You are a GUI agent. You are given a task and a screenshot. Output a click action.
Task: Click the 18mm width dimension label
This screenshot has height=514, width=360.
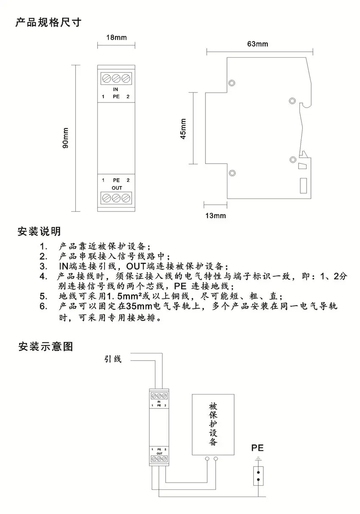pos(116,37)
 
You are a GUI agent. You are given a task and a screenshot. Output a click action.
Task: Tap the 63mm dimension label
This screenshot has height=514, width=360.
pos(258,44)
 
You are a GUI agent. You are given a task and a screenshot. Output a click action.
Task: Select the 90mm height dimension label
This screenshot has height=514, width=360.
pos(65,138)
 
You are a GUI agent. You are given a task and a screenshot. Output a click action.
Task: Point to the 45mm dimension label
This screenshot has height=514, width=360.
pos(183,128)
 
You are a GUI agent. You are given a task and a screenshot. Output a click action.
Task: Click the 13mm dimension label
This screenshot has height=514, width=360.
pos(216,216)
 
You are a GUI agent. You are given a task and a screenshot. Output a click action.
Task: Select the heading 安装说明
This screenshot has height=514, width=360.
pos(39,231)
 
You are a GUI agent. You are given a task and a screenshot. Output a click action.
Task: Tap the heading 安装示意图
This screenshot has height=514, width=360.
pos(45,347)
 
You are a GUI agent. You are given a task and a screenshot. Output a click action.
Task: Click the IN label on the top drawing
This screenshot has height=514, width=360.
pos(116,89)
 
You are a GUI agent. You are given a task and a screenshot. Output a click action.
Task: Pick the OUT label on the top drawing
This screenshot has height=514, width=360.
pos(116,187)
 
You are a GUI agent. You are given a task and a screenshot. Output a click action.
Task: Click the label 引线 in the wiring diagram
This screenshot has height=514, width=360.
pos(113,359)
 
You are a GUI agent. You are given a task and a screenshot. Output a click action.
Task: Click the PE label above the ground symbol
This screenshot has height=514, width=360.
pos(258,448)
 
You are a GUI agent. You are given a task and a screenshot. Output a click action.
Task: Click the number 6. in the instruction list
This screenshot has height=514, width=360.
pos(44,306)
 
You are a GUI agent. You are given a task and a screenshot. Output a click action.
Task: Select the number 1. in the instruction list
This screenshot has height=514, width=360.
pos(43,246)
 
